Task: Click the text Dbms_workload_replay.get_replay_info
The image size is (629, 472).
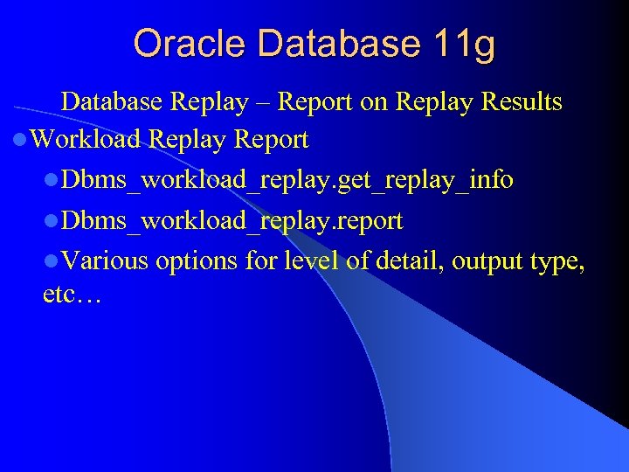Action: click(287, 181)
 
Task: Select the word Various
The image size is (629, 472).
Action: click(106, 260)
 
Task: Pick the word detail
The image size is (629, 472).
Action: click(397, 260)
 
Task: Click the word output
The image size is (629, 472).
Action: click(480, 260)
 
